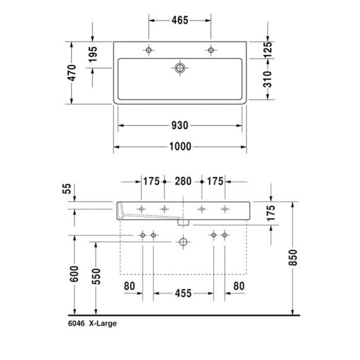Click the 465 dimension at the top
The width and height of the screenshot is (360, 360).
179,20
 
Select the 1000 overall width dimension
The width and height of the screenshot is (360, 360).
179,146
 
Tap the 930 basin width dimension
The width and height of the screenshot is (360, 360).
179,125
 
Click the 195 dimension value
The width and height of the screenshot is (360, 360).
93,56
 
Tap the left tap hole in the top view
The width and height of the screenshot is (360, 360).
149,50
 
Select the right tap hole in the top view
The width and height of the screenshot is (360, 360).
211,50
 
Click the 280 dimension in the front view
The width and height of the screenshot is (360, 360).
183,181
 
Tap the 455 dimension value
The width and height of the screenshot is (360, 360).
183,293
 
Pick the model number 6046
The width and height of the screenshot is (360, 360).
76,323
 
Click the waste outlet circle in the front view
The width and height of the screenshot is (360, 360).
183,242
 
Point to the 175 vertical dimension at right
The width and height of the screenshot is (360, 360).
271,213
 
